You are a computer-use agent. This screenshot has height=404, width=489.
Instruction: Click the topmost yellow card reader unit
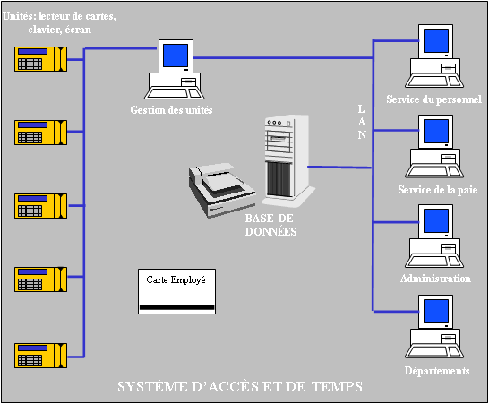click(x=41, y=61)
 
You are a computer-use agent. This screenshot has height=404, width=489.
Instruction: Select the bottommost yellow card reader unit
click(x=41, y=353)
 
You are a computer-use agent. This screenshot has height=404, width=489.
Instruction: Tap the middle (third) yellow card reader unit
click(x=41, y=206)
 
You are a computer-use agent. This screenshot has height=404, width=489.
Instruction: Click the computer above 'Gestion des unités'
click(x=175, y=70)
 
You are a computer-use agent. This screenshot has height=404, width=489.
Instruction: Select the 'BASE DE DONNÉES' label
click(x=271, y=224)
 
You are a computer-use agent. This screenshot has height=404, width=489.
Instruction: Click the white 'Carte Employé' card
click(x=176, y=291)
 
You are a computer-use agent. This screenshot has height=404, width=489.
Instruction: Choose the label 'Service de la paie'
click(x=433, y=189)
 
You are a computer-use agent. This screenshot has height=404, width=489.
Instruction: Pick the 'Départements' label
click(x=436, y=370)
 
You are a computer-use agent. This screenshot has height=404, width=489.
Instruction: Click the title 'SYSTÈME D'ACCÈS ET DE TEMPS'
click(x=240, y=388)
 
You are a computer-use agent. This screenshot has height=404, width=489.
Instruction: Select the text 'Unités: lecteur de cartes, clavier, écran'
click(x=60, y=22)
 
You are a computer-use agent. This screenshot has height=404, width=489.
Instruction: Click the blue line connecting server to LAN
click(x=340, y=167)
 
